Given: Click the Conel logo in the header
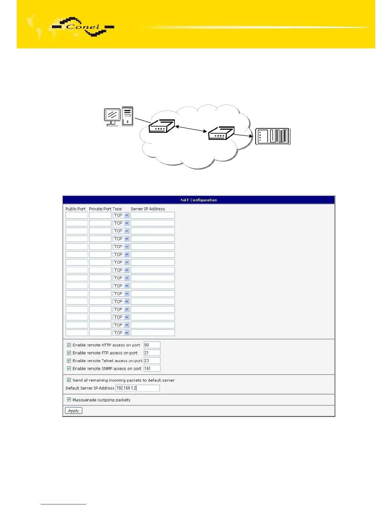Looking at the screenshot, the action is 83,27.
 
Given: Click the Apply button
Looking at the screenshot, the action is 73,411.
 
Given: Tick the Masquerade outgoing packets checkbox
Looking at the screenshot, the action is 69,400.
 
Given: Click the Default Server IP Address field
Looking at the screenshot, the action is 137,388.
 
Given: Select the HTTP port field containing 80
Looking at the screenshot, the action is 152,345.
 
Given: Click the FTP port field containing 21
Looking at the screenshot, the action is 152,353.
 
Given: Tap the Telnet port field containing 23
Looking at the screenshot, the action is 152,361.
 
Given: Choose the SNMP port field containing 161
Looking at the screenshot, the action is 152,368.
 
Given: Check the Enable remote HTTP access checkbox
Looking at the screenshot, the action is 69,345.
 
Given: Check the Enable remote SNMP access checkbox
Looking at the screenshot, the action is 69,368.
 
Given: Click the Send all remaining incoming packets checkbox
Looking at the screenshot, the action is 69,380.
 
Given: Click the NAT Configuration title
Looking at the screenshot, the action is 199,200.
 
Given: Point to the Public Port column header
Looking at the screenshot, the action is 76,209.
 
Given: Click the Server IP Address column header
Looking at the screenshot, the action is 148,209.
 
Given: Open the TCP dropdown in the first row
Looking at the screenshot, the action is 121,215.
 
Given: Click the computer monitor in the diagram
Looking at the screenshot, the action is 112,115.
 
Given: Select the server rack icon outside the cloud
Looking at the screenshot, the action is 273,136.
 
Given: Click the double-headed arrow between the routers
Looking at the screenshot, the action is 191,129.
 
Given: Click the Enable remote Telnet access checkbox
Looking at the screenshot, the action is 69,361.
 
